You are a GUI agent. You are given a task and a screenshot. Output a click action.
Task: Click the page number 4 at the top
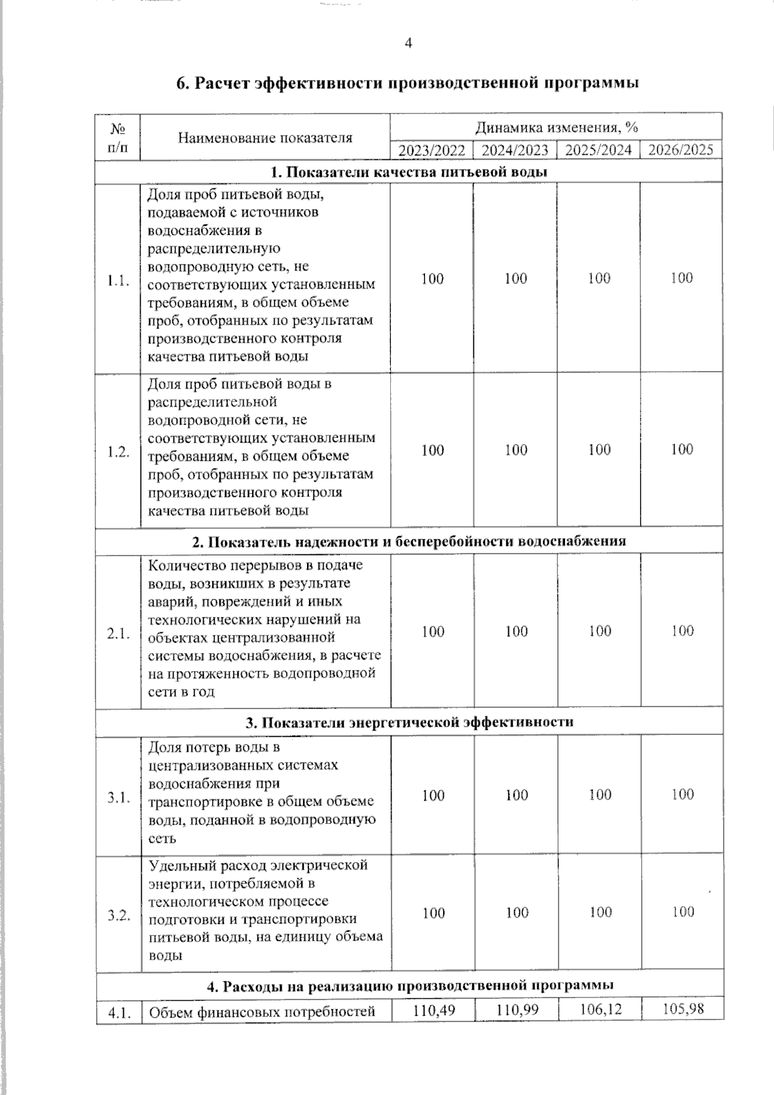408,43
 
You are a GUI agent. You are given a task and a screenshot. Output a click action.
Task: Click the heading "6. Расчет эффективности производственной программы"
408,84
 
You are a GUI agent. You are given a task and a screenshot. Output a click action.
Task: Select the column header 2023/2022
432,151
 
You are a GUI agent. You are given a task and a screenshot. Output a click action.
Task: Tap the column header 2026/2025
681,150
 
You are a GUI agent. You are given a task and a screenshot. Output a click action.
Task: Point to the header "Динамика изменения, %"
556,127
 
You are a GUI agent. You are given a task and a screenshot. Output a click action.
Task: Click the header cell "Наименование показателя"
265,137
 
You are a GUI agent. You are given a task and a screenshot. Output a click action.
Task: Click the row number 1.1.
119,281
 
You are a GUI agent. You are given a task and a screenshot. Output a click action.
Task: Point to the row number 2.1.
119,634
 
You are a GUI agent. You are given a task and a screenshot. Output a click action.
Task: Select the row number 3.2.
119,915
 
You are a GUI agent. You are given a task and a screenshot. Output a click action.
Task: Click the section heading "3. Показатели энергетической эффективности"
409,723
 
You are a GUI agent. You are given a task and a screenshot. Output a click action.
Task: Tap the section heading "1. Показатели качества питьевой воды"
409,172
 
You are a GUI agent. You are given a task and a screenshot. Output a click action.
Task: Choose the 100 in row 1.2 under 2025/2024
599,450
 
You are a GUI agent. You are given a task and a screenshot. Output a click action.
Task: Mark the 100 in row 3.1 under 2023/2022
433,796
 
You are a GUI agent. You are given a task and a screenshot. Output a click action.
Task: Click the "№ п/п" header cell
118,137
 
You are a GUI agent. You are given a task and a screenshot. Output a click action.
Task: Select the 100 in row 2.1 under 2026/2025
682,631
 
